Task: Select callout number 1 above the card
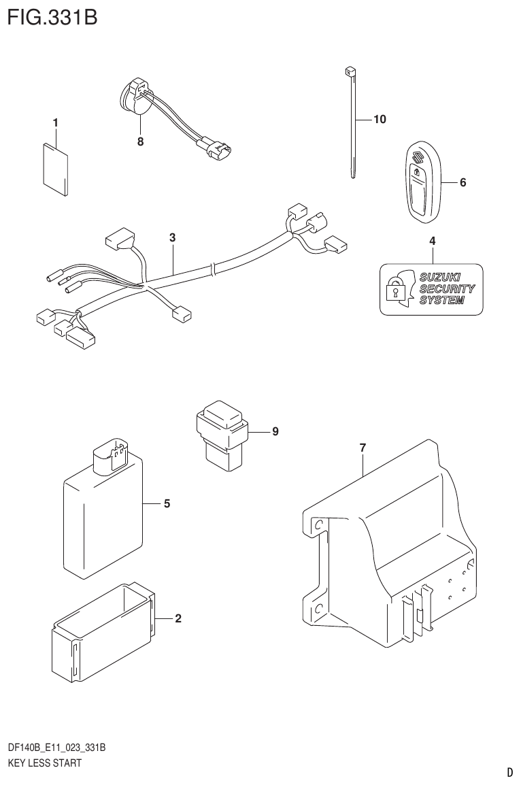point(56,122)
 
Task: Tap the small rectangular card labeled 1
point(56,169)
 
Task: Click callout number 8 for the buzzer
point(140,142)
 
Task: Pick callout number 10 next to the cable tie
point(379,120)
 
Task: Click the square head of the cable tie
point(350,71)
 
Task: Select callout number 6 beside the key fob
point(463,182)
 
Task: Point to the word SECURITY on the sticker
point(447,288)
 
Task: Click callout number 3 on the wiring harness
point(173,237)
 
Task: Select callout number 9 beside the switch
point(275,431)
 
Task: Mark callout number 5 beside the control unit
point(167,504)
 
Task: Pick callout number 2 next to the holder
point(178,618)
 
